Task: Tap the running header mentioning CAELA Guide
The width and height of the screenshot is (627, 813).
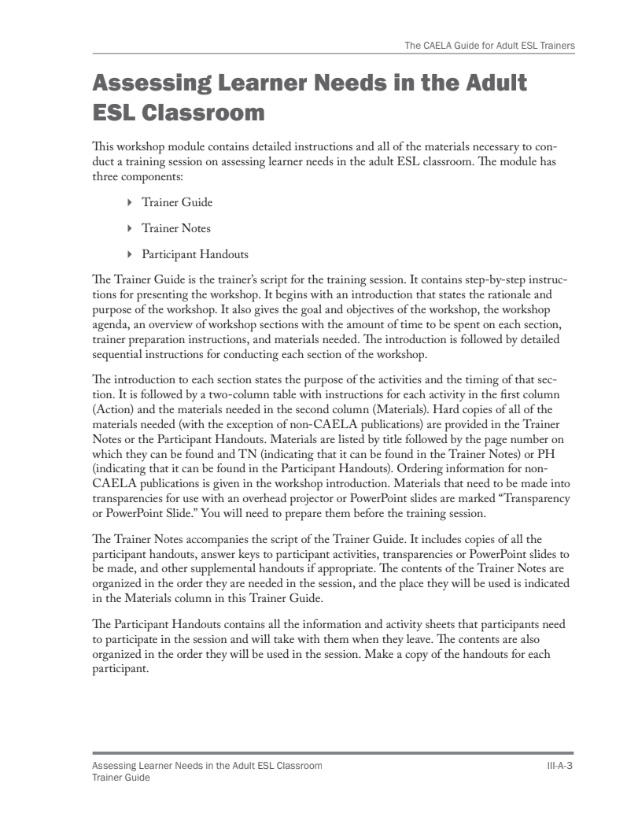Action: pyautogui.click(x=488, y=46)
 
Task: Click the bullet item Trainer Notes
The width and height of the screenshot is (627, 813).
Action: pyautogui.click(x=175, y=228)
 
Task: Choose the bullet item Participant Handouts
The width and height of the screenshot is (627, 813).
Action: pyautogui.click(x=194, y=254)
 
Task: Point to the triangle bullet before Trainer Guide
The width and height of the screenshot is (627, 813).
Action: pyautogui.click(x=130, y=203)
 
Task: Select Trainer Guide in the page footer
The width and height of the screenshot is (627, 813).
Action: pyautogui.click(x=121, y=777)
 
